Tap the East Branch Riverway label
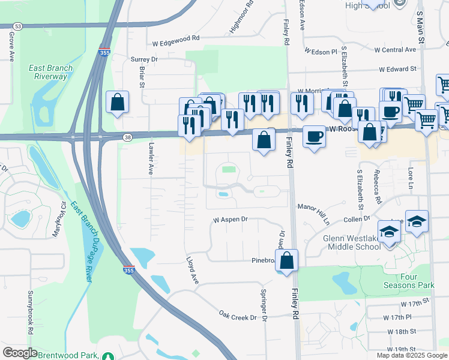click(x=51, y=72)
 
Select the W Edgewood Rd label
click(x=175, y=39)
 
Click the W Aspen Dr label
click(x=231, y=220)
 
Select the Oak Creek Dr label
click(x=238, y=314)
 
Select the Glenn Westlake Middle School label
click(x=352, y=242)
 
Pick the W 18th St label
click(x=402, y=332)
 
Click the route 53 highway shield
click(x=18, y=26)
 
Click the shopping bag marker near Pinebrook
click(x=288, y=261)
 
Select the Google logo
click(x=20, y=353)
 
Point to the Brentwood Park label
click(x=68, y=355)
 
